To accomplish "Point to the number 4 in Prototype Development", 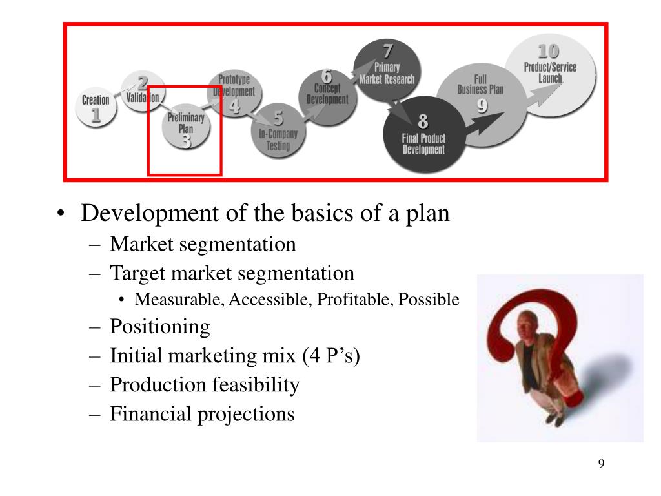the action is tap(234, 106).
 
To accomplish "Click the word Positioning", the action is tap(159, 327).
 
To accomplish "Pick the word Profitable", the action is tap(354, 300).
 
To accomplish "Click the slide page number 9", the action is tap(601, 464).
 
